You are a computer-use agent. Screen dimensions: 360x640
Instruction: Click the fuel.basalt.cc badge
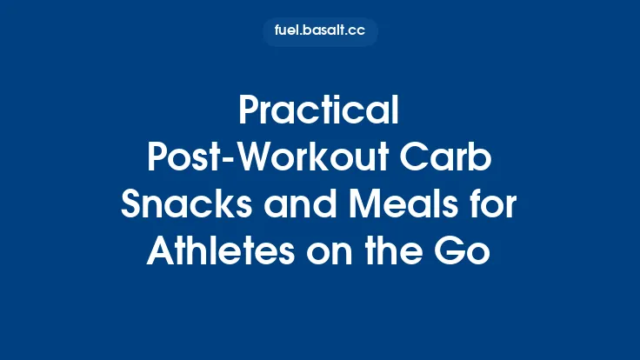320,31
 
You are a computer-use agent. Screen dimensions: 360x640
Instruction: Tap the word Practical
320,112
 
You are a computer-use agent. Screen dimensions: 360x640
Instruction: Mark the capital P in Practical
250,112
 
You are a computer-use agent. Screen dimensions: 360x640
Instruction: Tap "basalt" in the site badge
324,31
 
